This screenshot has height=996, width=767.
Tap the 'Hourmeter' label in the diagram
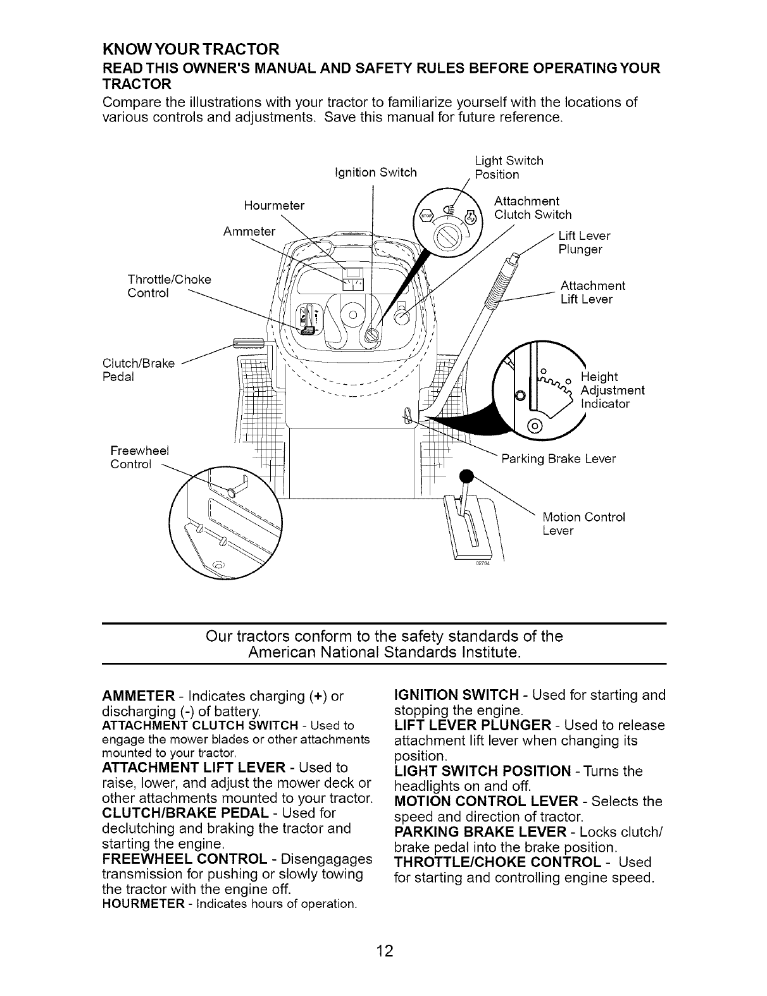click(274, 206)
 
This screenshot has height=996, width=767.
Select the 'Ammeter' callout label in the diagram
click(249, 231)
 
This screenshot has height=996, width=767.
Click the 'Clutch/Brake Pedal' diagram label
click(138, 370)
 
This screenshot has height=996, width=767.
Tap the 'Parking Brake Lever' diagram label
click(558, 458)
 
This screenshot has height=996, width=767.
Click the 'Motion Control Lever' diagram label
click(583, 523)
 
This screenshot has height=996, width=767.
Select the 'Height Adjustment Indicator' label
click(611, 390)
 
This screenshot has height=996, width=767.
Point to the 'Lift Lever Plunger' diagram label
click(583, 242)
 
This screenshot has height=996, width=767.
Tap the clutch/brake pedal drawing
click(242, 344)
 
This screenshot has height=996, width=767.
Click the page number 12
click(383, 950)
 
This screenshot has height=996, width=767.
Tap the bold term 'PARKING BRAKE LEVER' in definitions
click(473, 831)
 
